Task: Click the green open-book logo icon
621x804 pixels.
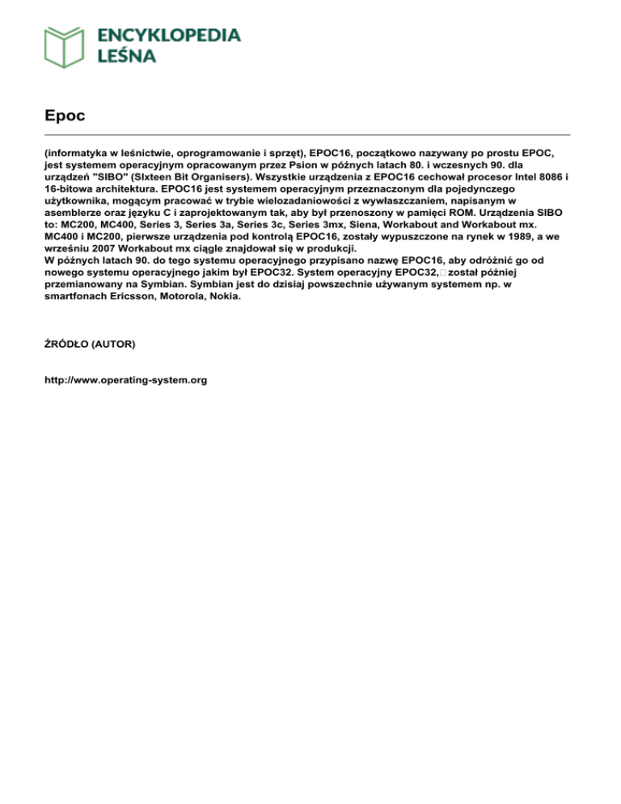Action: coord(65,46)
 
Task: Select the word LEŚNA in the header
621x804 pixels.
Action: coord(127,56)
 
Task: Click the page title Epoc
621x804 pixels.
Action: coord(65,116)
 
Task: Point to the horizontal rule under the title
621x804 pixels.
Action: coord(307,134)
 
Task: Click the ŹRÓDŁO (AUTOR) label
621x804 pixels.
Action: coord(90,344)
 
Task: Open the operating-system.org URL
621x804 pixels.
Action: coord(125,378)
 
